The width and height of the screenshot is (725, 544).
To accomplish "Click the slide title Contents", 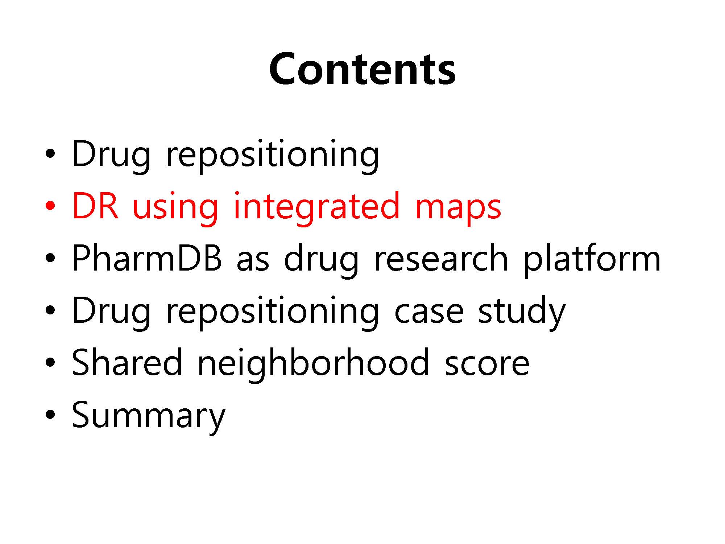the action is click(362, 69).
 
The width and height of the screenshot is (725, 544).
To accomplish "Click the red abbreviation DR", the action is click(95, 206).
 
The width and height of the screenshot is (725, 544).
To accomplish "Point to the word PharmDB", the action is click(147, 258).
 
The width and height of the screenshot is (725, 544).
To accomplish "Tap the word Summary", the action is click(148, 416).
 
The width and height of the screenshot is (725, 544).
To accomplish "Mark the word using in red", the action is click(175, 209).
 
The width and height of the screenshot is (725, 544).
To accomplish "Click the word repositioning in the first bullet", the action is click(272, 155).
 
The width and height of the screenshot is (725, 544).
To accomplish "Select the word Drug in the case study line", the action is click(111, 312).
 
